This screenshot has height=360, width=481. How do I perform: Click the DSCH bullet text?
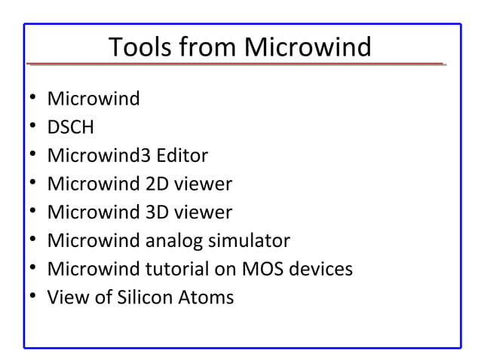pyautogui.click(x=71, y=127)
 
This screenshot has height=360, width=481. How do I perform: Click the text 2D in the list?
pyautogui.click(x=158, y=184)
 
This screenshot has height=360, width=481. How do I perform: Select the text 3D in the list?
pyautogui.click(x=158, y=212)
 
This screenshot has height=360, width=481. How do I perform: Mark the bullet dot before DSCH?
pyautogui.click(x=32, y=127)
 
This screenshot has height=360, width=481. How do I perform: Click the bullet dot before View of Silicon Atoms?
pyautogui.click(x=32, y=297)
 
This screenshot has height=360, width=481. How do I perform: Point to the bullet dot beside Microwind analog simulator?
pyautogui.click(x=32, y=241)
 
